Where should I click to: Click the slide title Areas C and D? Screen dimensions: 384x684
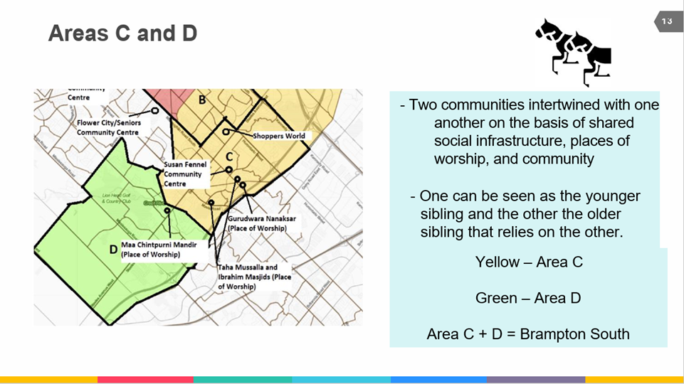122,33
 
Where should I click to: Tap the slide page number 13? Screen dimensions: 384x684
667,21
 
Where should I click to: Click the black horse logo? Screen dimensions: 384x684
573,48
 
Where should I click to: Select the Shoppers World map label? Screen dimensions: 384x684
279,136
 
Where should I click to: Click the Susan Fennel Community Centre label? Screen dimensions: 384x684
183,174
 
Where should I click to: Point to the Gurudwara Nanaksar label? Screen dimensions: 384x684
257,223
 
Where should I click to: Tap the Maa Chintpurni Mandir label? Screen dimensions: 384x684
158,249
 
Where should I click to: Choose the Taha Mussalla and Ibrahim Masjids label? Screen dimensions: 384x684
254,277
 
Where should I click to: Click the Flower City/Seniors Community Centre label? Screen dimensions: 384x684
108,127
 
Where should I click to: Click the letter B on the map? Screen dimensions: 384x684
202,100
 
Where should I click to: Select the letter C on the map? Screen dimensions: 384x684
229,156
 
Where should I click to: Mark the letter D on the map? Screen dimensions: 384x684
113,250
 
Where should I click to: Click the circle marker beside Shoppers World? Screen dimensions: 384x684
226,132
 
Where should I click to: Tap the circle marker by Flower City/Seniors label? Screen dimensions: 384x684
154,111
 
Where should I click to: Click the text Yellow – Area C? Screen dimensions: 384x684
528,262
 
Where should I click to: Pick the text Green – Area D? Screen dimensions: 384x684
527,298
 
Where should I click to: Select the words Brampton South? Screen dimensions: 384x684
574,334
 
